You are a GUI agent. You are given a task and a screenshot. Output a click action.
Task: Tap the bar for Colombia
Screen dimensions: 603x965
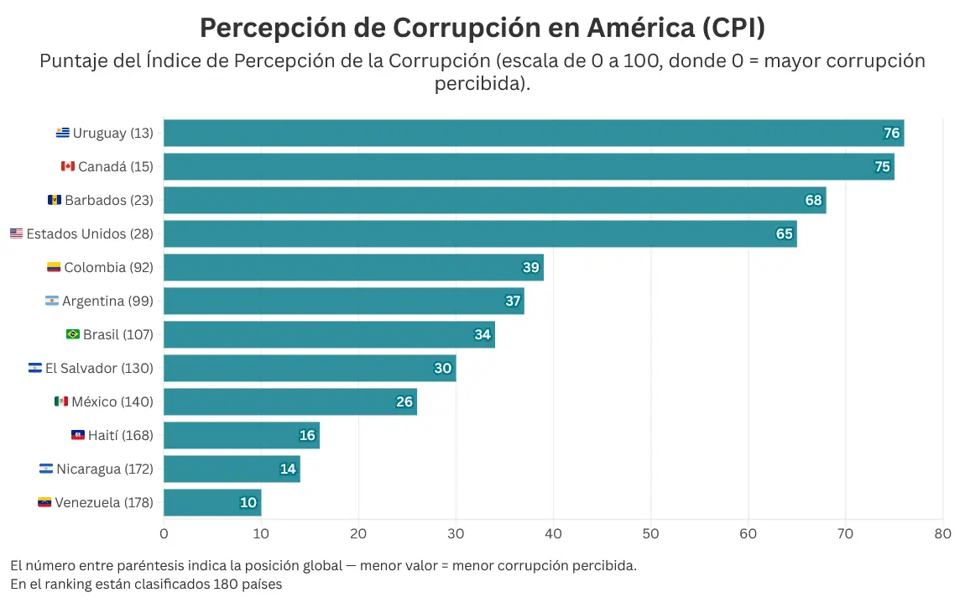click(353, 267)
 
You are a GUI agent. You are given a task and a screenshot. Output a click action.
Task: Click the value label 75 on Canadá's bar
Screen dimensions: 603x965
click(882, 166)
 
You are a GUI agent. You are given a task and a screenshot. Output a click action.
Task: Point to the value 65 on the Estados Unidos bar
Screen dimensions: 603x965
click(784, 233)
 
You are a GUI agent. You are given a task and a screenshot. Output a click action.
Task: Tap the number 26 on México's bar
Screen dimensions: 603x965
click(404, 401)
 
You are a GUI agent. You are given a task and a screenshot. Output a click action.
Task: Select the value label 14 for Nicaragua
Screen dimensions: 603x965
click(288, 469)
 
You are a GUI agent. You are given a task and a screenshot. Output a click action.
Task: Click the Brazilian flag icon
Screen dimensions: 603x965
click(73, 334)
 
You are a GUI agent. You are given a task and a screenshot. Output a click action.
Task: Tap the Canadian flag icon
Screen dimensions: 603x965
click(68, 166)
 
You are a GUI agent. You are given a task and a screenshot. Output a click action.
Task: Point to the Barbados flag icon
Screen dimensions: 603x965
click(55, 200)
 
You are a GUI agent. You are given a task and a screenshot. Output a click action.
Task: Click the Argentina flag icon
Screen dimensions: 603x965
click(52, 301)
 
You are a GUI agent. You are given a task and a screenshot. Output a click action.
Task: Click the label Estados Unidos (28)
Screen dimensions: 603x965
click(90, 233)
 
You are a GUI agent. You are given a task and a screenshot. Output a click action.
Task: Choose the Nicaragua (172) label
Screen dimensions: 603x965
click(104, 469)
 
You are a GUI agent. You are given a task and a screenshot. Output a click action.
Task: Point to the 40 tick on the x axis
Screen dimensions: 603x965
click(553, 533)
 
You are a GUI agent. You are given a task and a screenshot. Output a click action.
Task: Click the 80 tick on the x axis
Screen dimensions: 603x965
click(942, 533)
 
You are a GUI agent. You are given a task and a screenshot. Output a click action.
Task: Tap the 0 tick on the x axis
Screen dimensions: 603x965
click(164, 533)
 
